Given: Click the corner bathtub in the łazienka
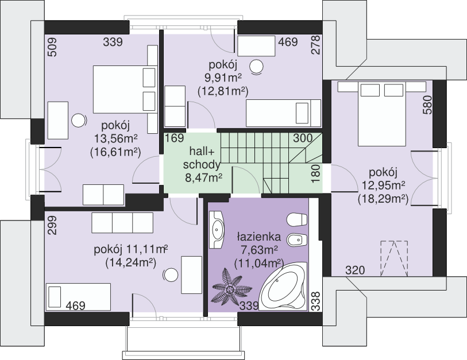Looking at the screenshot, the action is [283, 287].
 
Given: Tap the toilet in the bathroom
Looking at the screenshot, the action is [296, 220].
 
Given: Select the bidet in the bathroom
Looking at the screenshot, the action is [296, 239].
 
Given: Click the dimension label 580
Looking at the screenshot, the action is [427, 105].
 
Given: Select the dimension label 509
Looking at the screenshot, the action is [52, 47].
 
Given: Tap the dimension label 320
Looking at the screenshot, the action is [355, 270].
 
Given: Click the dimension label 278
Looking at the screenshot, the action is [315, 45].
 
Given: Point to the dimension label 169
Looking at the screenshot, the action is [175, 138].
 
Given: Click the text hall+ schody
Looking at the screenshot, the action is [202, 158].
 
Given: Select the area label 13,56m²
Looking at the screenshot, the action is [116, 138].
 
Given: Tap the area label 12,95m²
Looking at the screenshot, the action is [383, 185].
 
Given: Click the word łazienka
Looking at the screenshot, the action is [259, 237].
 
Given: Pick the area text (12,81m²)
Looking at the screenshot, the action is [223, 91].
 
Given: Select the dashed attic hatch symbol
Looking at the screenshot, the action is [394, 258].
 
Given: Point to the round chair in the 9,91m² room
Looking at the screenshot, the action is [256, 67].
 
